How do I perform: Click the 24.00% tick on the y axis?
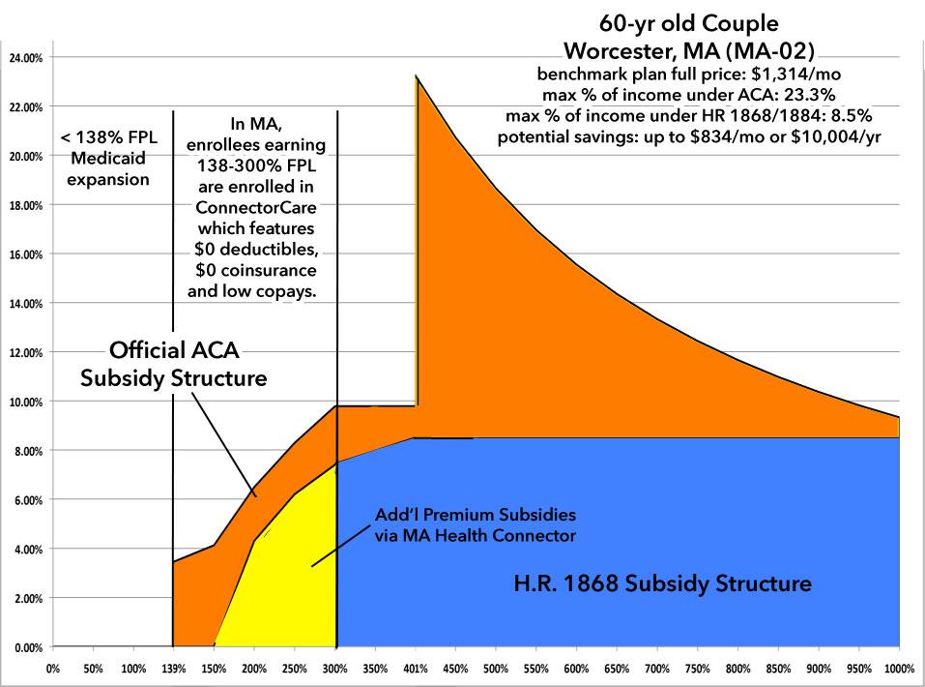coord(25,57)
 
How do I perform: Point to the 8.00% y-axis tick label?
coord(27,451)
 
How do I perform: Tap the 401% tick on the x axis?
coord(417,668)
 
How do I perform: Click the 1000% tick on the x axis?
coord(898,668)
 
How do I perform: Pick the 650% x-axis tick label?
coord(617,668)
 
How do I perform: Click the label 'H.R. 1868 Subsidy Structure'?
coord(662,584)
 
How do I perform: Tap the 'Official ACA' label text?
coord(174,349)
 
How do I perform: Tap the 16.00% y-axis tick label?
coord(25,254)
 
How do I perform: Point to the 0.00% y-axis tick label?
coord(27,647)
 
